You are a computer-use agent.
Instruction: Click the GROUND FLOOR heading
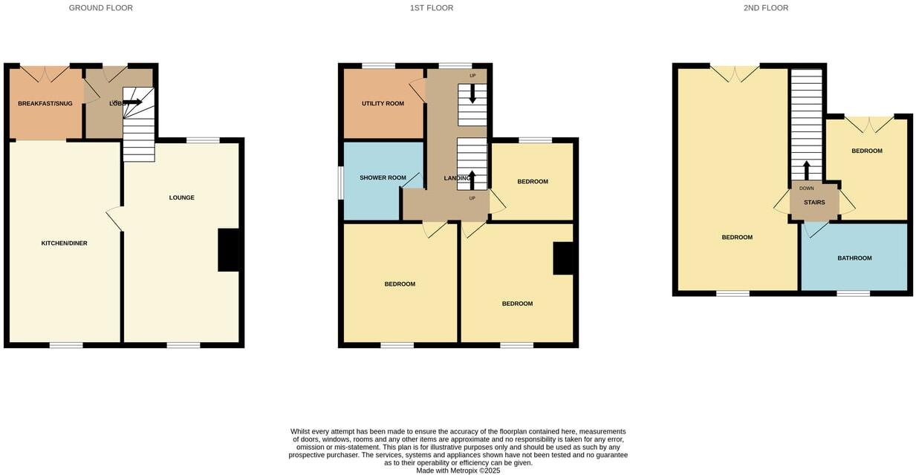[x=101, y=8]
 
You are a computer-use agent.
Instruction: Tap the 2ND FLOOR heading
[x=766, y=8]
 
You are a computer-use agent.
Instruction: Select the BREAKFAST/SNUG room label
[x=45, y=103]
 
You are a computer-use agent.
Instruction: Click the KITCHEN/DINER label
[x=64, y=243]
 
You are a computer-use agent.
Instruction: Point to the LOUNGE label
[x=182, y=197]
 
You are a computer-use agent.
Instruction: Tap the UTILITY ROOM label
[x=383, y=103]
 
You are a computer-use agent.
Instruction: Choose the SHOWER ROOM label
[x=383, y=178]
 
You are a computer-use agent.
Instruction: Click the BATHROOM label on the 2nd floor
[x=854, y=258]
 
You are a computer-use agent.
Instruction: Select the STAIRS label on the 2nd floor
[x=814, y=203]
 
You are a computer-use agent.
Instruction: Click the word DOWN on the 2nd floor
[x=807, y=189]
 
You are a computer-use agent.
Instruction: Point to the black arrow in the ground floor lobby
[x=133, y=102]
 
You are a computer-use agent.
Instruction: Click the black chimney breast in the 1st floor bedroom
[x=565, y=259]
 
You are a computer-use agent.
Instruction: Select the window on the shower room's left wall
[x=341, y=183]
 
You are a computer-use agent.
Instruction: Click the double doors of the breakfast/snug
[x=46, y=73]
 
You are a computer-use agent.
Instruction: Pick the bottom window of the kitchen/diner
[x=66, y=345]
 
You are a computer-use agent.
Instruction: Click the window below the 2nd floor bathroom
[x=854, y=294]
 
